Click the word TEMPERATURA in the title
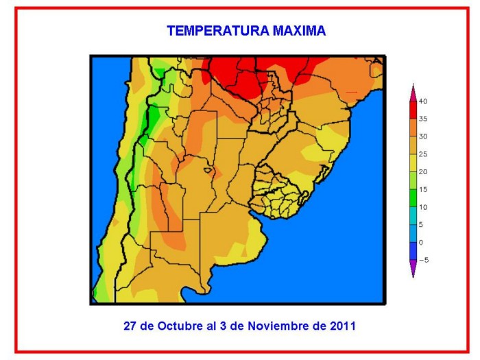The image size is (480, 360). [x=218, y=31]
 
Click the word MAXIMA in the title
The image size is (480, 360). [x=299, y=31]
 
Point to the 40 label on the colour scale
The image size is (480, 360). [x=423, y=101]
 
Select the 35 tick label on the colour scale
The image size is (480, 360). [x=423, y=119]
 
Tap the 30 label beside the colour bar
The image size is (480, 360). [x=423, y=137]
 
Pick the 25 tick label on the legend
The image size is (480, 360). [x=423, y=154]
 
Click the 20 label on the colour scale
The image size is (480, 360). [x=423, y=172]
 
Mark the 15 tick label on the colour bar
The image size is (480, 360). [x=423, y=190]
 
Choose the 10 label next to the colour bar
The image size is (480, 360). [x=423, y=208]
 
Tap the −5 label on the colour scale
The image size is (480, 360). [x=424, y=261]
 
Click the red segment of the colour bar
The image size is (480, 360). [x=413, y=110]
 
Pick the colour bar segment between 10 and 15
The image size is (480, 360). [x=413, y=198]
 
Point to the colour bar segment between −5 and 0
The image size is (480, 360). [x=413, y=252]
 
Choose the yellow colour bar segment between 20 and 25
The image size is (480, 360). [x=413, y=163]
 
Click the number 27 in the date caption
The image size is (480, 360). [x=130, y=326]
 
